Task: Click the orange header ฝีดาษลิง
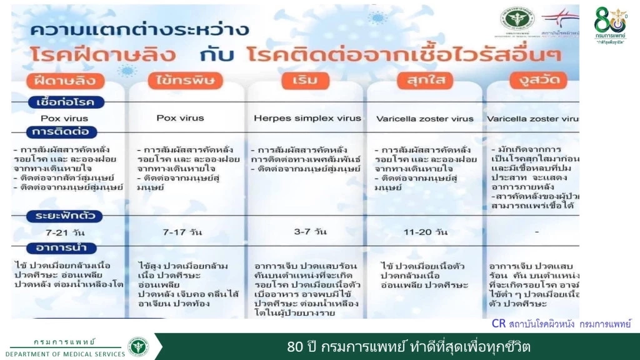(x=66, y=81)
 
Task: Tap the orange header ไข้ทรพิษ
(x=186, y=81)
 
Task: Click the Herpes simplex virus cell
(x=307, y=118)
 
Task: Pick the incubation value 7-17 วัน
(x=182, y=232)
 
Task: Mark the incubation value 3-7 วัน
(x=310, y=232)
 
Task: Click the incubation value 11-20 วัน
(x=426, y=232)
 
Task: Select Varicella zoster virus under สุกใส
(x=425, y=118)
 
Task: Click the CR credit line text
(x=561, y=324)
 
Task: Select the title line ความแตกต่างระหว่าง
(x=139, y=29)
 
